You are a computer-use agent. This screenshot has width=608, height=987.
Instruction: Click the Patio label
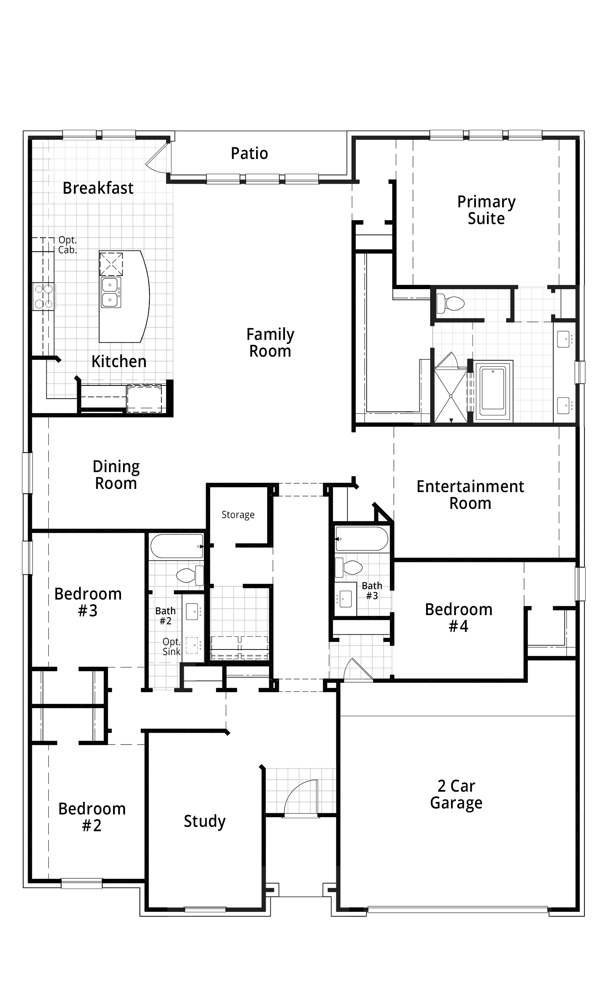pyautogui.click(x=249, y=153)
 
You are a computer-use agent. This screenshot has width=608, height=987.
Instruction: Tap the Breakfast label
pyautogui.click(x=98, y=188)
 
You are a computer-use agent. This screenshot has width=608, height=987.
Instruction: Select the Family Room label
pyautogui.click(x=270, y=343)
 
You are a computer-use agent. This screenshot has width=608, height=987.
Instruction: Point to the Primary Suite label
pyautogui.click(x=486, y=210)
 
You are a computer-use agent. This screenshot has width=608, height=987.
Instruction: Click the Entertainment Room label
pyautogui.click(x=470, y=494)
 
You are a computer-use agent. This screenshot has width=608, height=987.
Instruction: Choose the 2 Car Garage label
pyautogui.click(x=456, y=794)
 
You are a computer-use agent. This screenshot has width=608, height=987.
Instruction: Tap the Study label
pyautogui.click(x=205, y=821)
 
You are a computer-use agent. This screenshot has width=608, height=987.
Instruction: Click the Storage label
pyautogui.click(x=238, y=514)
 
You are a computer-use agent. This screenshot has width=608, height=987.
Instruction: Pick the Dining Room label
pyautogui.click(x=116, y=475)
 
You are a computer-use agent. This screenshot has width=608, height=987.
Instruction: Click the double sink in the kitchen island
pyautogui.click(x=111, y=292)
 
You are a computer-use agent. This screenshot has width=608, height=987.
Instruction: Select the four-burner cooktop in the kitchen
pyautogui.click(x=44, y=296)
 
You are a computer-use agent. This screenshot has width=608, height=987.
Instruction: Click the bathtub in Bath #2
pyautogui.click(x=177, y=546)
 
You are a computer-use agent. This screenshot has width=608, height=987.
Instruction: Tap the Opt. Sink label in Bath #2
pyautogui.click(x=171, y=647)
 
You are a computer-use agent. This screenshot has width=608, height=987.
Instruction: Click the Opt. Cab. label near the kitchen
pyautogui.click(x=67, y=245)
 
